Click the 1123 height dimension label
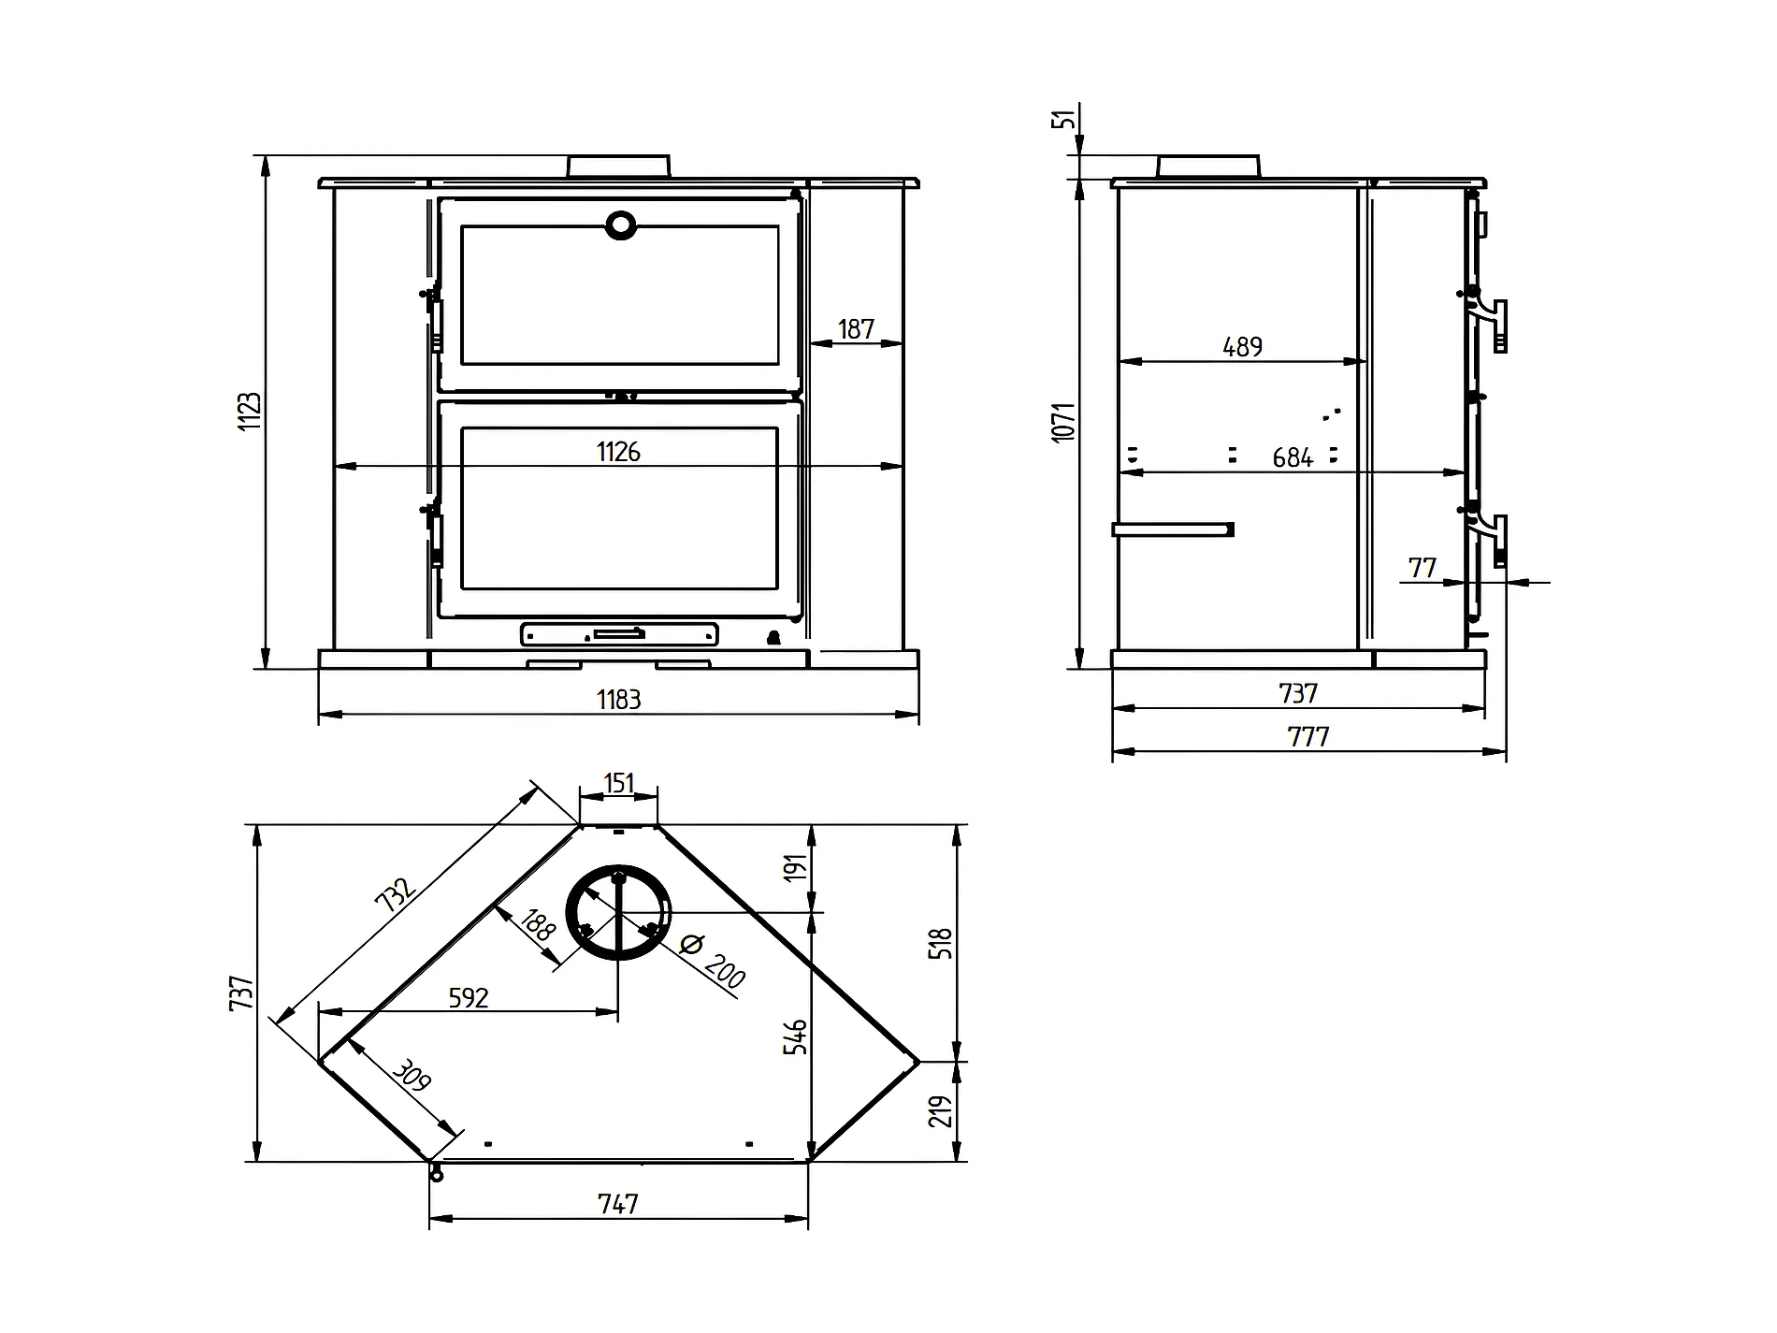(250, 412)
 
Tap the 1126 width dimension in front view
(618, 452)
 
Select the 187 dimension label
(856, 329)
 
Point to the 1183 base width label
(618, 699)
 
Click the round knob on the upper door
(621, 225)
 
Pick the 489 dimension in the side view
(1243, 347)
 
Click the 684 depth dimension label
(1293, 457)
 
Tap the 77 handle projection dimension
(1422, 568)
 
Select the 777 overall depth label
(1308, 737)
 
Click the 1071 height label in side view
(1064, 422)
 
